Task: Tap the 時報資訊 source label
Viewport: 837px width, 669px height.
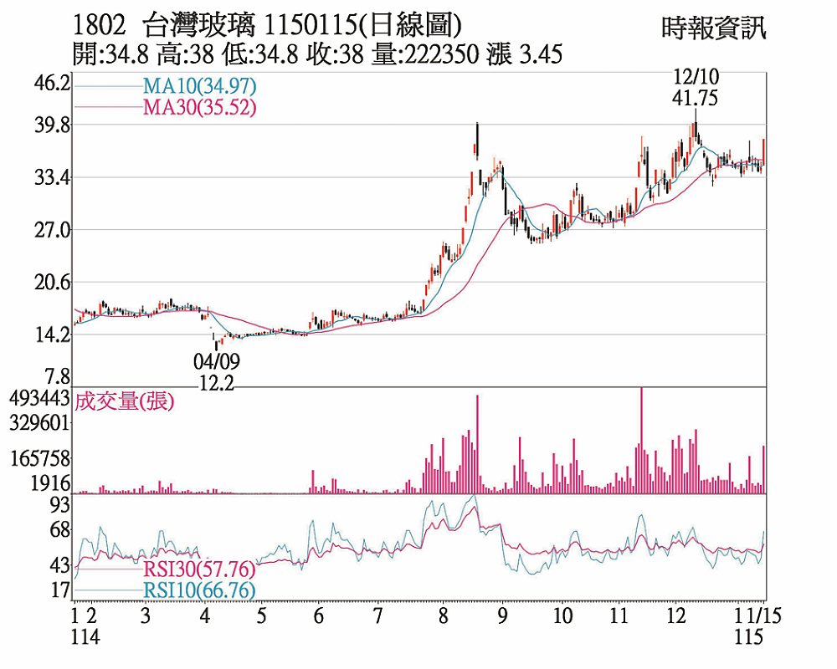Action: click(714, 28)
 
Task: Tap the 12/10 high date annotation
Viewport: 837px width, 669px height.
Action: click(695, 78)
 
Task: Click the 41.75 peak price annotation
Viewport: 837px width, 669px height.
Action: click(695, 98)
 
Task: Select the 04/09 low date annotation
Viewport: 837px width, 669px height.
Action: click(216, 363)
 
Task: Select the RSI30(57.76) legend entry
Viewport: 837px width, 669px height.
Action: click(199, 569)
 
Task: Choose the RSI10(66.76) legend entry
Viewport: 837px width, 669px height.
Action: click(199, 590)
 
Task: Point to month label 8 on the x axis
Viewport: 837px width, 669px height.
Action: click(443, 616)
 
